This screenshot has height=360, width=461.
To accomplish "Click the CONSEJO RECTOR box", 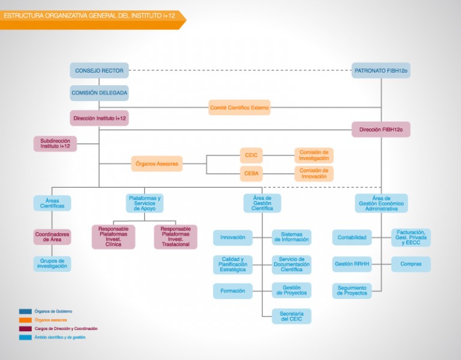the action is (x=99, y=71).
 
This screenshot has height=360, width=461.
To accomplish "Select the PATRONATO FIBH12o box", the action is (x=381, y=71).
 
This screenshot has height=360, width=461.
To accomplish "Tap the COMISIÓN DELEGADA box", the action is (x=99, y=93).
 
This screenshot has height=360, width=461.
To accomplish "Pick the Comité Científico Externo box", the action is (x=240, y=107).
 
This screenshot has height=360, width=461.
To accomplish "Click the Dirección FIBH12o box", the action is (x=381, y=130).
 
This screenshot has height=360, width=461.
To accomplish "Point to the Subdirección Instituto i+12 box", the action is (x=55, y=144).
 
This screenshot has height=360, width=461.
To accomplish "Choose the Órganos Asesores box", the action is (x=157, y=164).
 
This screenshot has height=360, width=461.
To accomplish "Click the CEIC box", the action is (x=252, y=155).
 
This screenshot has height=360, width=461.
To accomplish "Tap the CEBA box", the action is (x=252, y=173).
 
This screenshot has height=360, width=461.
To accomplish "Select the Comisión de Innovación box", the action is (x=314, y=173).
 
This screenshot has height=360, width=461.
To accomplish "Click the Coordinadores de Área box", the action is (x=52, y=237).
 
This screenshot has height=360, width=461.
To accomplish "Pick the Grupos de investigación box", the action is (x=52, y=263).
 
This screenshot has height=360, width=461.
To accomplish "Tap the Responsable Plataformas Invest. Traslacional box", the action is (x=175, y=237).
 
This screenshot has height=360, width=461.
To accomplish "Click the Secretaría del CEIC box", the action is (x=292, y=316).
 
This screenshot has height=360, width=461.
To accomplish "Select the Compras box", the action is (x=411, y=264).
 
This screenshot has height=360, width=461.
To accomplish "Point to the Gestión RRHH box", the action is (x=352, y=264).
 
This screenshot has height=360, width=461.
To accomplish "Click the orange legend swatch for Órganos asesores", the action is (x=25, y=320).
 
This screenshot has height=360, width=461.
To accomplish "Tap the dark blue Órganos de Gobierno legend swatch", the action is (x=25, y=311).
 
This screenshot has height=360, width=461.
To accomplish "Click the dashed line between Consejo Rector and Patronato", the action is (x=240, y=71).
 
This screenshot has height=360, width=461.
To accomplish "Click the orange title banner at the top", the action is (x=93, y=20).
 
